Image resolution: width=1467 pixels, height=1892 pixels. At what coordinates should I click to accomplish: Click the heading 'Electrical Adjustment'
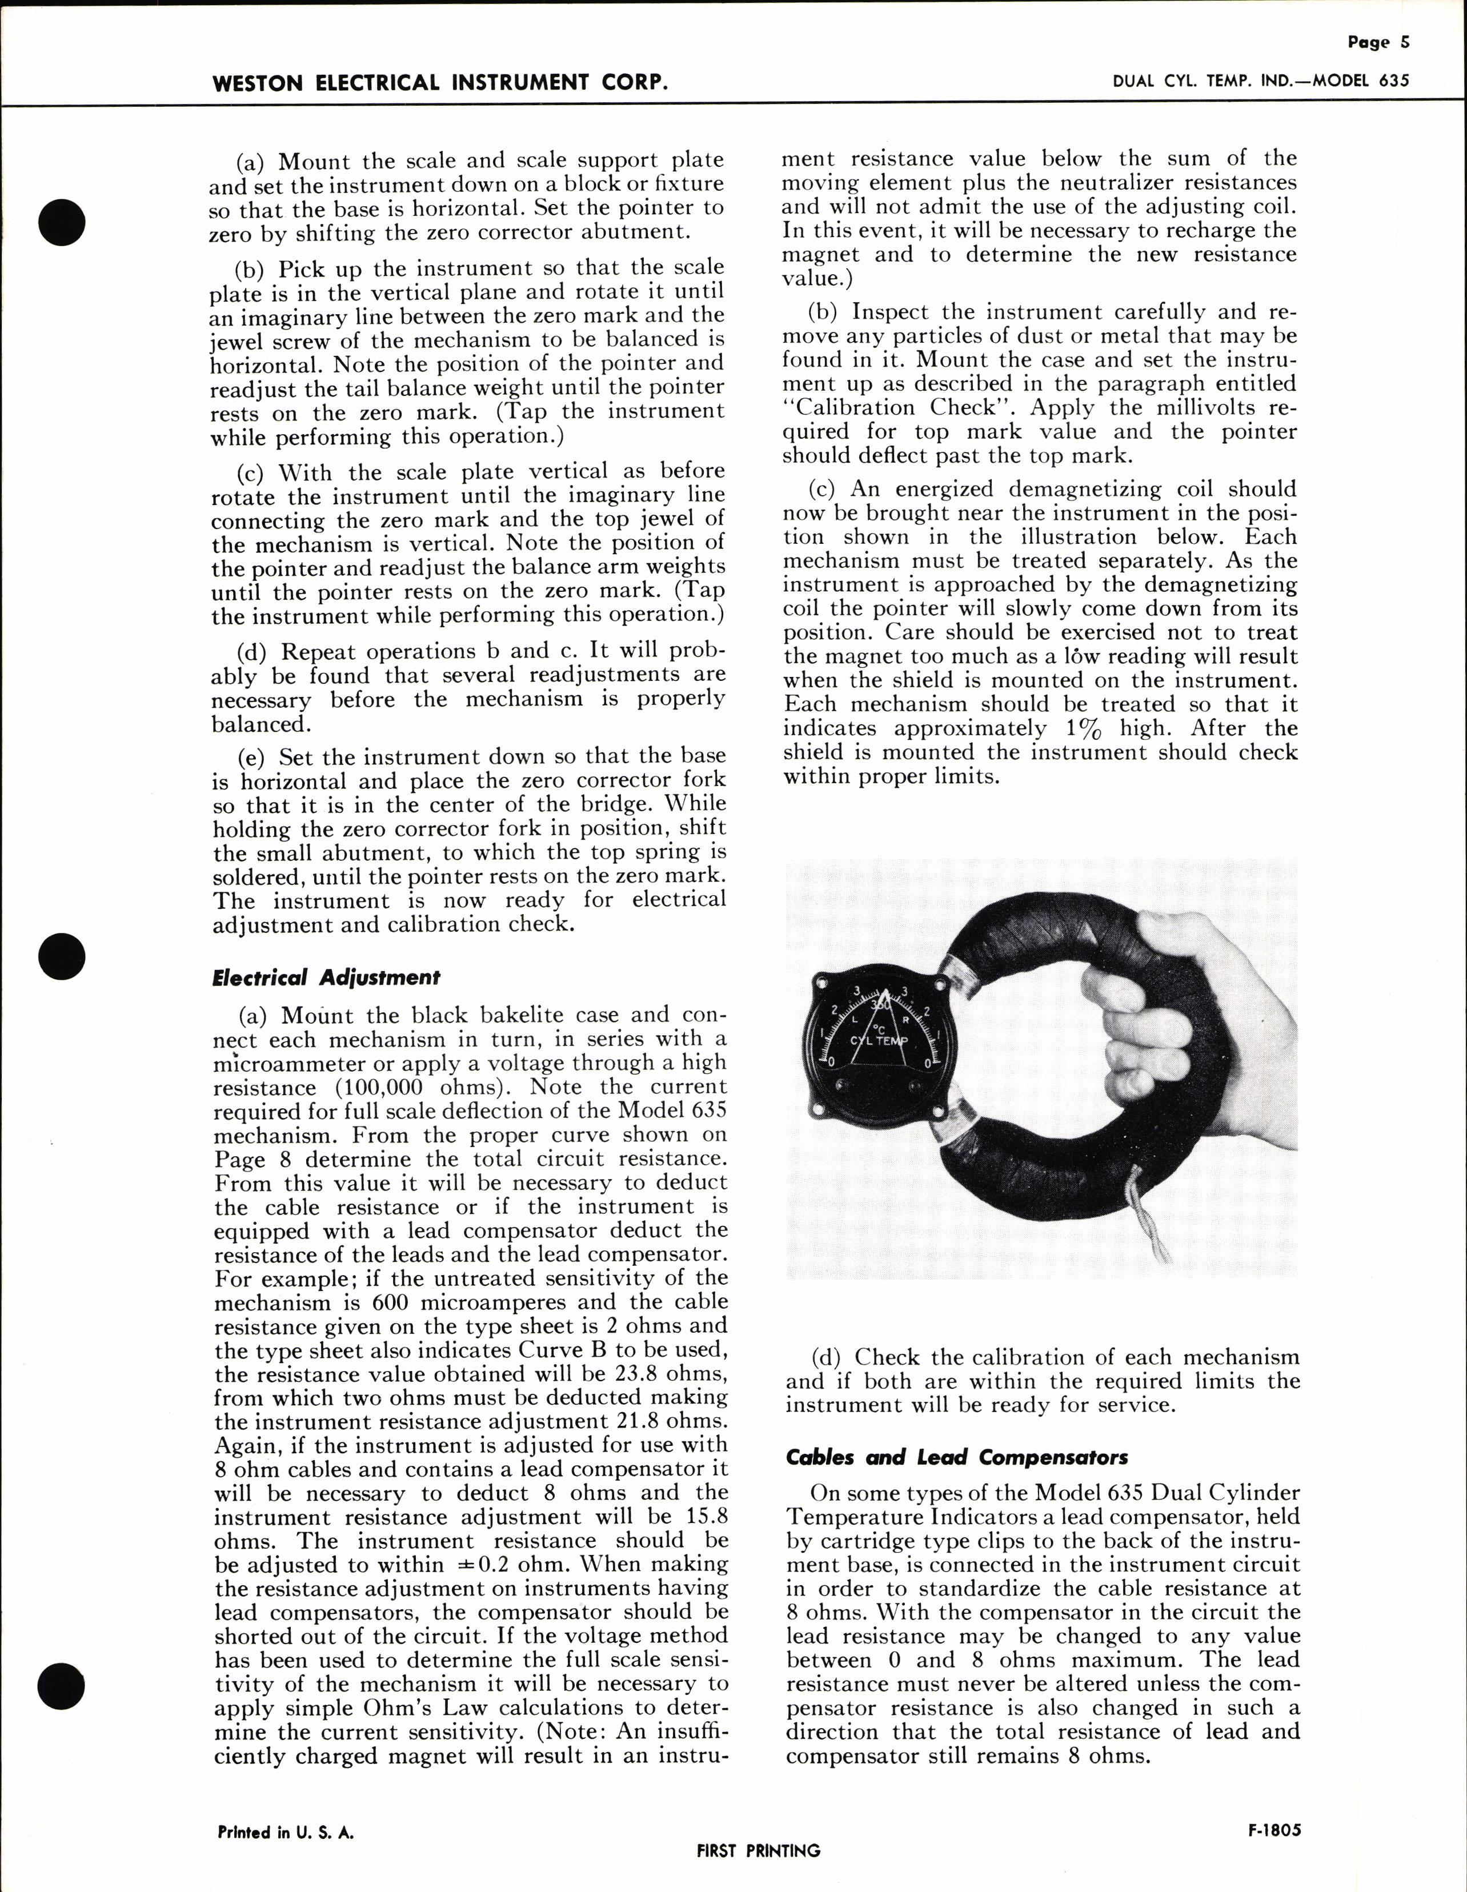pos(326,977)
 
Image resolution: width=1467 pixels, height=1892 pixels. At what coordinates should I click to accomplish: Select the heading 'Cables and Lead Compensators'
pos(957,1457)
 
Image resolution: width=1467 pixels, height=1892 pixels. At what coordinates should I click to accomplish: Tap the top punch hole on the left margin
pos(62,220)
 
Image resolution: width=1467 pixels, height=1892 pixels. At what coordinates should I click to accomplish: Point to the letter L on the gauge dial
pos(855,1020)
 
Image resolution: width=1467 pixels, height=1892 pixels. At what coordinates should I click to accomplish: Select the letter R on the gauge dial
pos(905,1020)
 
